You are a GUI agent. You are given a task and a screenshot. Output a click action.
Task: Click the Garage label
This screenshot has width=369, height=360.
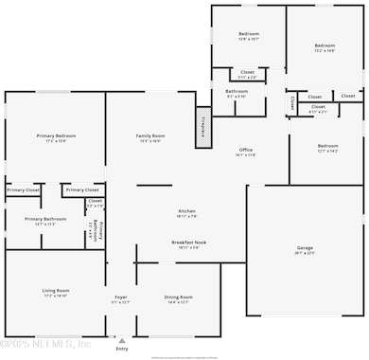pyautogui.click(x=305, y=247)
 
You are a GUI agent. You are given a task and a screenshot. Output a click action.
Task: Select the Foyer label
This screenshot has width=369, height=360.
pyautogui.click(x=121, y=297)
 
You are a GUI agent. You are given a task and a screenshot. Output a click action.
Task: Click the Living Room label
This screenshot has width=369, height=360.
pyautogui.click(x=55, y=290)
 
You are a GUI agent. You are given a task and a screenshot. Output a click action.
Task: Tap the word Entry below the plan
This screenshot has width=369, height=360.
pyautogui.click(x=121, y=349)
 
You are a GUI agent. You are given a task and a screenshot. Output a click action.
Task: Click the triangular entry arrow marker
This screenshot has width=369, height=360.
pyautogui.click(x=121, y=339)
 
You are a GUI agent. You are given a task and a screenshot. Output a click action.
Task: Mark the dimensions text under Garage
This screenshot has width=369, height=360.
pyautogui.click(x=305, y=253)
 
